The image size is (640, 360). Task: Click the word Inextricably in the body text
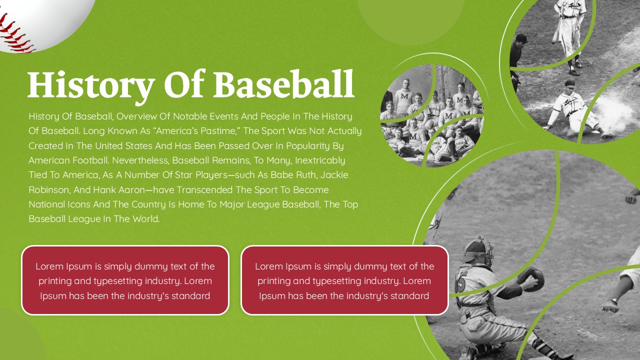tap(320, 160)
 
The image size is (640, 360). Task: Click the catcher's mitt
tap(531, 278)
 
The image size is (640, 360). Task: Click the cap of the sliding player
tap(569, 83)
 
